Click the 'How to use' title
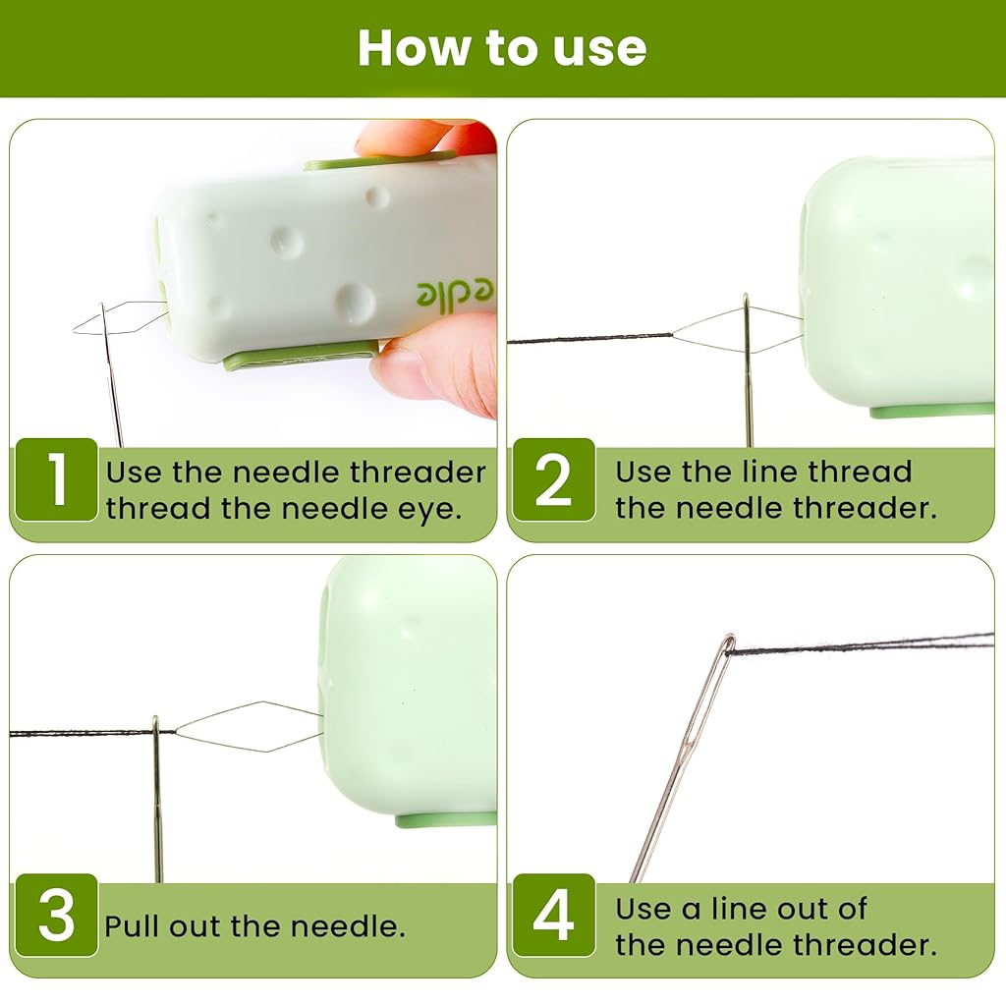tap(502, 48)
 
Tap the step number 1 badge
tap(56, 479)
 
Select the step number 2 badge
tap(554, 479)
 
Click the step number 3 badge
tap(56, 915)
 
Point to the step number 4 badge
tap(554, 915)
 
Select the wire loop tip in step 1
tap(76, 328)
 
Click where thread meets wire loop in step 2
tap(671, 335)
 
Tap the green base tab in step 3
tap(446, 819)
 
